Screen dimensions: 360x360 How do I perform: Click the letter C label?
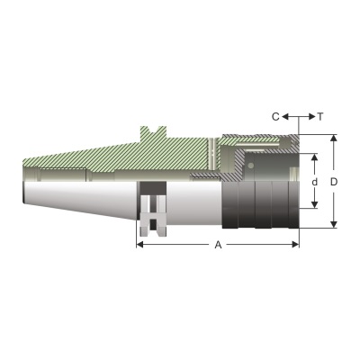coord(275,116)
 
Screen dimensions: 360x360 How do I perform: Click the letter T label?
coord(320,116)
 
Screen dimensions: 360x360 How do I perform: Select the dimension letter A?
coord(218,245)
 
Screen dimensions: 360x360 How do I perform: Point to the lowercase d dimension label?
coord(314,182)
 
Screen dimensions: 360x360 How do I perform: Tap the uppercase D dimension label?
coord(334,182)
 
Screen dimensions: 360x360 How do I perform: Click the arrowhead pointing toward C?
coord(285,116)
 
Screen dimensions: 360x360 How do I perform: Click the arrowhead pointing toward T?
coord(311,116)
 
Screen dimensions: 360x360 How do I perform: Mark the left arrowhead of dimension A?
coord(139,245)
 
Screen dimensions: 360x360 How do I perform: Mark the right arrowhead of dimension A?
coord(295,245)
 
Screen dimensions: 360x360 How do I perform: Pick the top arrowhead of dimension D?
coord(334,138)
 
